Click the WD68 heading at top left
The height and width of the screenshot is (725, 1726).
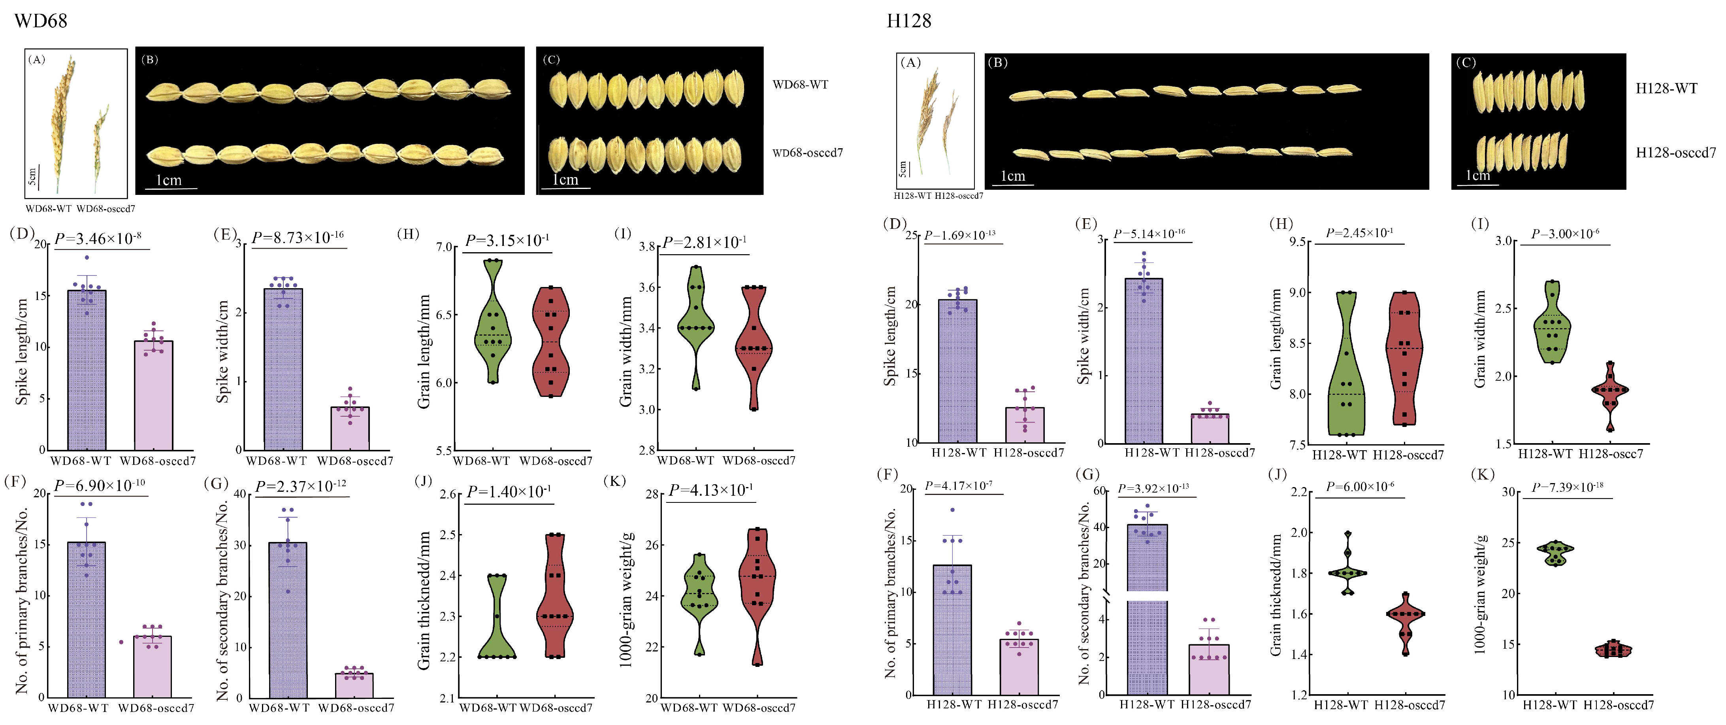41,21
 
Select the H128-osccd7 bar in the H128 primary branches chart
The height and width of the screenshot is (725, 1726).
1018,667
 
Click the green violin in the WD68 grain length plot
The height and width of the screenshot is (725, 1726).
492,322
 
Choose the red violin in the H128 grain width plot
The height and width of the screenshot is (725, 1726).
1609,392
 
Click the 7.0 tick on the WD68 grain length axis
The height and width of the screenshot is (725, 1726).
444,247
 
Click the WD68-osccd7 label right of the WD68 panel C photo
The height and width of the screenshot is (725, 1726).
807,153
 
